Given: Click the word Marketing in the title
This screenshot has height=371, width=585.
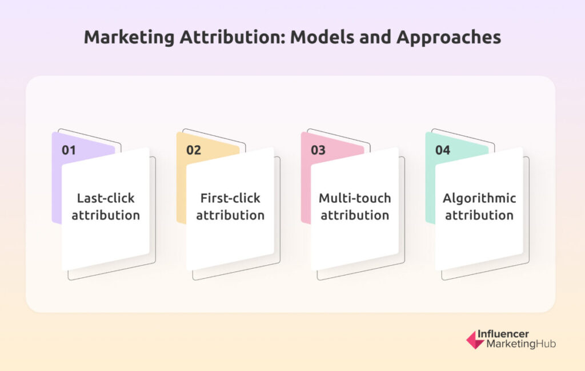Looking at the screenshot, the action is [129, 37].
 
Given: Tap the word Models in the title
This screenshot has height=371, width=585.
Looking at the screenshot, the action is [322, 37].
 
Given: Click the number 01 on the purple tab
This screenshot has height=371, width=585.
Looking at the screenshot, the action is [69, 150].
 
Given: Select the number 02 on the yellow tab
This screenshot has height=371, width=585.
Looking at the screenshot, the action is [194, 150].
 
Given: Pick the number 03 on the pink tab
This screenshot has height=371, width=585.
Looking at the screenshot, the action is [318, 150].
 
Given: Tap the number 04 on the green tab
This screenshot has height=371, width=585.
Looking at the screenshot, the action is [443, 150].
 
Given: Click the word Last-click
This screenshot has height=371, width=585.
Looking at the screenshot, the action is [106, 198].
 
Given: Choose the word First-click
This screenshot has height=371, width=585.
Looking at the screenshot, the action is [230, 198].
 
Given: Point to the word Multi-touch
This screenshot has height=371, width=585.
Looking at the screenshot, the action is [355, 198].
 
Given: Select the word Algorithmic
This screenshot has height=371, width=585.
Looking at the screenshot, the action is [479, 198].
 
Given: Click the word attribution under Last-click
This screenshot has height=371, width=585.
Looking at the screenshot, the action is [106, 216].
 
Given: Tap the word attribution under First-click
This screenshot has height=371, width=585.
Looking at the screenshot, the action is [230, 216].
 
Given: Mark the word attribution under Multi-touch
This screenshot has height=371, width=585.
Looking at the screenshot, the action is [355, 216].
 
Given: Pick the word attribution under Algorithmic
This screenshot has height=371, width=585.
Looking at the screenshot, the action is [479, 216].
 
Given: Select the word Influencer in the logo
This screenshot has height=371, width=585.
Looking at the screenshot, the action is [503, 334].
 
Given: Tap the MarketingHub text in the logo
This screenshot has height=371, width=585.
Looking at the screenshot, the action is [521, 344].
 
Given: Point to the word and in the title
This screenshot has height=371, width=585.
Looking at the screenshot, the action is [375, 37].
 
